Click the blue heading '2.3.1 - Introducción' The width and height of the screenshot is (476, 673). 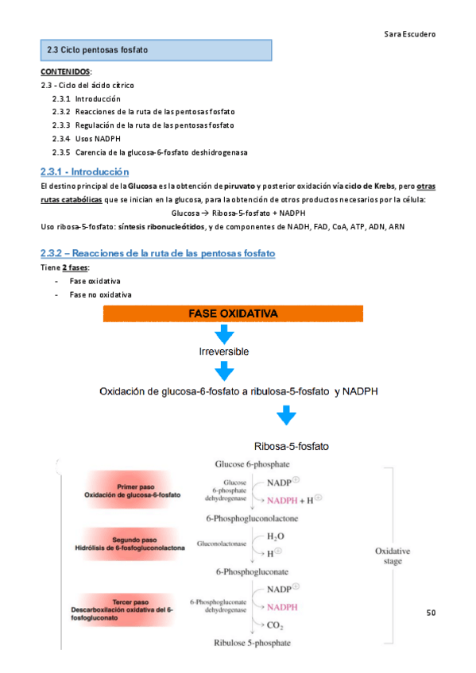85,171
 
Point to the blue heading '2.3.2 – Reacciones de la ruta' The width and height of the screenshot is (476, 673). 158,253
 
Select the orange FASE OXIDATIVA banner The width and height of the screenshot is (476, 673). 233,314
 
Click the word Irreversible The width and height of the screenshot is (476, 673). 224,351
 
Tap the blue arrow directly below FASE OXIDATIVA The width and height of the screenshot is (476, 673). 224,333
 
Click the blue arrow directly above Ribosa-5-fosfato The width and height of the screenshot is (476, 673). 286,416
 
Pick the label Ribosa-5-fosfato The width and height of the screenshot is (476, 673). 291,446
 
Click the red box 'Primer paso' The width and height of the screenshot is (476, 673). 132,490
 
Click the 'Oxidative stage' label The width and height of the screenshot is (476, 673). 389,556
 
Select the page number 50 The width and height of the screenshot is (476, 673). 431,613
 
